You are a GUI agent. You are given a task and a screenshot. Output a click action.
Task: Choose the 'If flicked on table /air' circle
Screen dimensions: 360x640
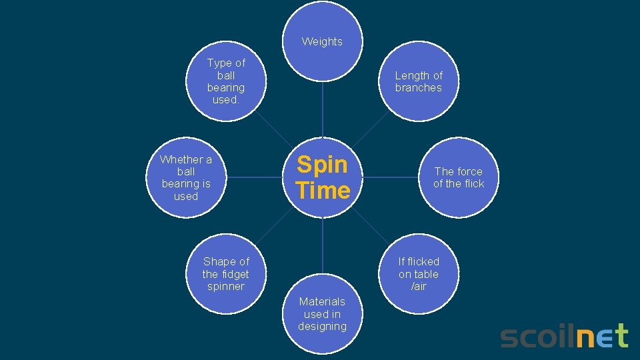[419, 273]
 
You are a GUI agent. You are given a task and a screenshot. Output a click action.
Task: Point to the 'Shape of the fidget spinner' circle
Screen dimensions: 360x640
[226, 273]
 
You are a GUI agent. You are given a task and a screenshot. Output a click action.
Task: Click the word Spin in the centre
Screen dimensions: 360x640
[322, 164]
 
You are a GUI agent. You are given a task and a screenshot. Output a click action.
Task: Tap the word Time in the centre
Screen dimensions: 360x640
[323, 191]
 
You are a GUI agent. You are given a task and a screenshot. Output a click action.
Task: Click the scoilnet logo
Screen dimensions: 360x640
[564, 336]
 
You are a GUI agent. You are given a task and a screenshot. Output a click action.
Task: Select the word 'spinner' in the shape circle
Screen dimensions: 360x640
[226, 287]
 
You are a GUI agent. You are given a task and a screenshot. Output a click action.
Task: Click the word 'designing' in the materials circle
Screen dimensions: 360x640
[322, 326]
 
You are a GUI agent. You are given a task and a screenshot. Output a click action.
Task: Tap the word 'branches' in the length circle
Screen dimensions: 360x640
[419, 87]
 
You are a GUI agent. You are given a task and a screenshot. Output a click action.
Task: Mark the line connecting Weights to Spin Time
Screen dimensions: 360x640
[322, 110]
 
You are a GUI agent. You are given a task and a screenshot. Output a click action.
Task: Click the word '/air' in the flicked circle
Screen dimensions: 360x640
[419, 287]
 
